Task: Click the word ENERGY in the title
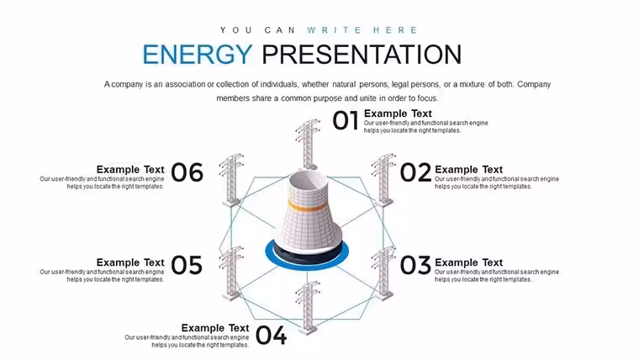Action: point(198,55)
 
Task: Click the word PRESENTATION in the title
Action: point(362,55)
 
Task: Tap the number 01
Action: point(346,120)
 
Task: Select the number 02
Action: point(415,172)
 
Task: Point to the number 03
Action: point(415,266)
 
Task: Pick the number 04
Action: point(271,335)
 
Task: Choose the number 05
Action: point(187,266)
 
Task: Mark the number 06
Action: point(187,172)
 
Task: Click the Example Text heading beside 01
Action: point(398,114)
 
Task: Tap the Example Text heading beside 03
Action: point(468,262)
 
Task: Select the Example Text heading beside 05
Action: point(130,262)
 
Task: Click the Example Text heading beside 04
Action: point(215,328)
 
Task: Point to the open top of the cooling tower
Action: point(307,178)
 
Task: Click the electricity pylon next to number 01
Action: point(308,144)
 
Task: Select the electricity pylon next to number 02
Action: point(383,180)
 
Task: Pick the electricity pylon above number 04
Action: point(308,307)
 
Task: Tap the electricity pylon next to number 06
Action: point(231,180)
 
